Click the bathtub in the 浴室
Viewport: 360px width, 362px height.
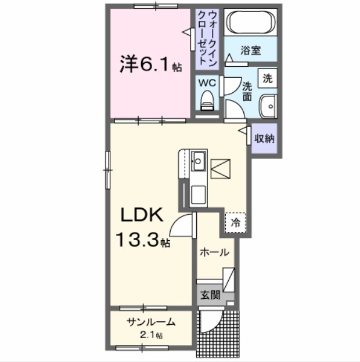(x=251, y=23)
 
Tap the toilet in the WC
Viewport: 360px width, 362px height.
(x=207, y=102)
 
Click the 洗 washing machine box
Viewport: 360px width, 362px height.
(x=268, y=78)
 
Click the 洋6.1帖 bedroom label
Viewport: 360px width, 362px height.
(x=150, y=64)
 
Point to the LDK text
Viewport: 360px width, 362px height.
(x=143, y=216)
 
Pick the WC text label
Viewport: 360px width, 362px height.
(x=207, y=82)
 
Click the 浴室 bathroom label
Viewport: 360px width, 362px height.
(x=251, y=50)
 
